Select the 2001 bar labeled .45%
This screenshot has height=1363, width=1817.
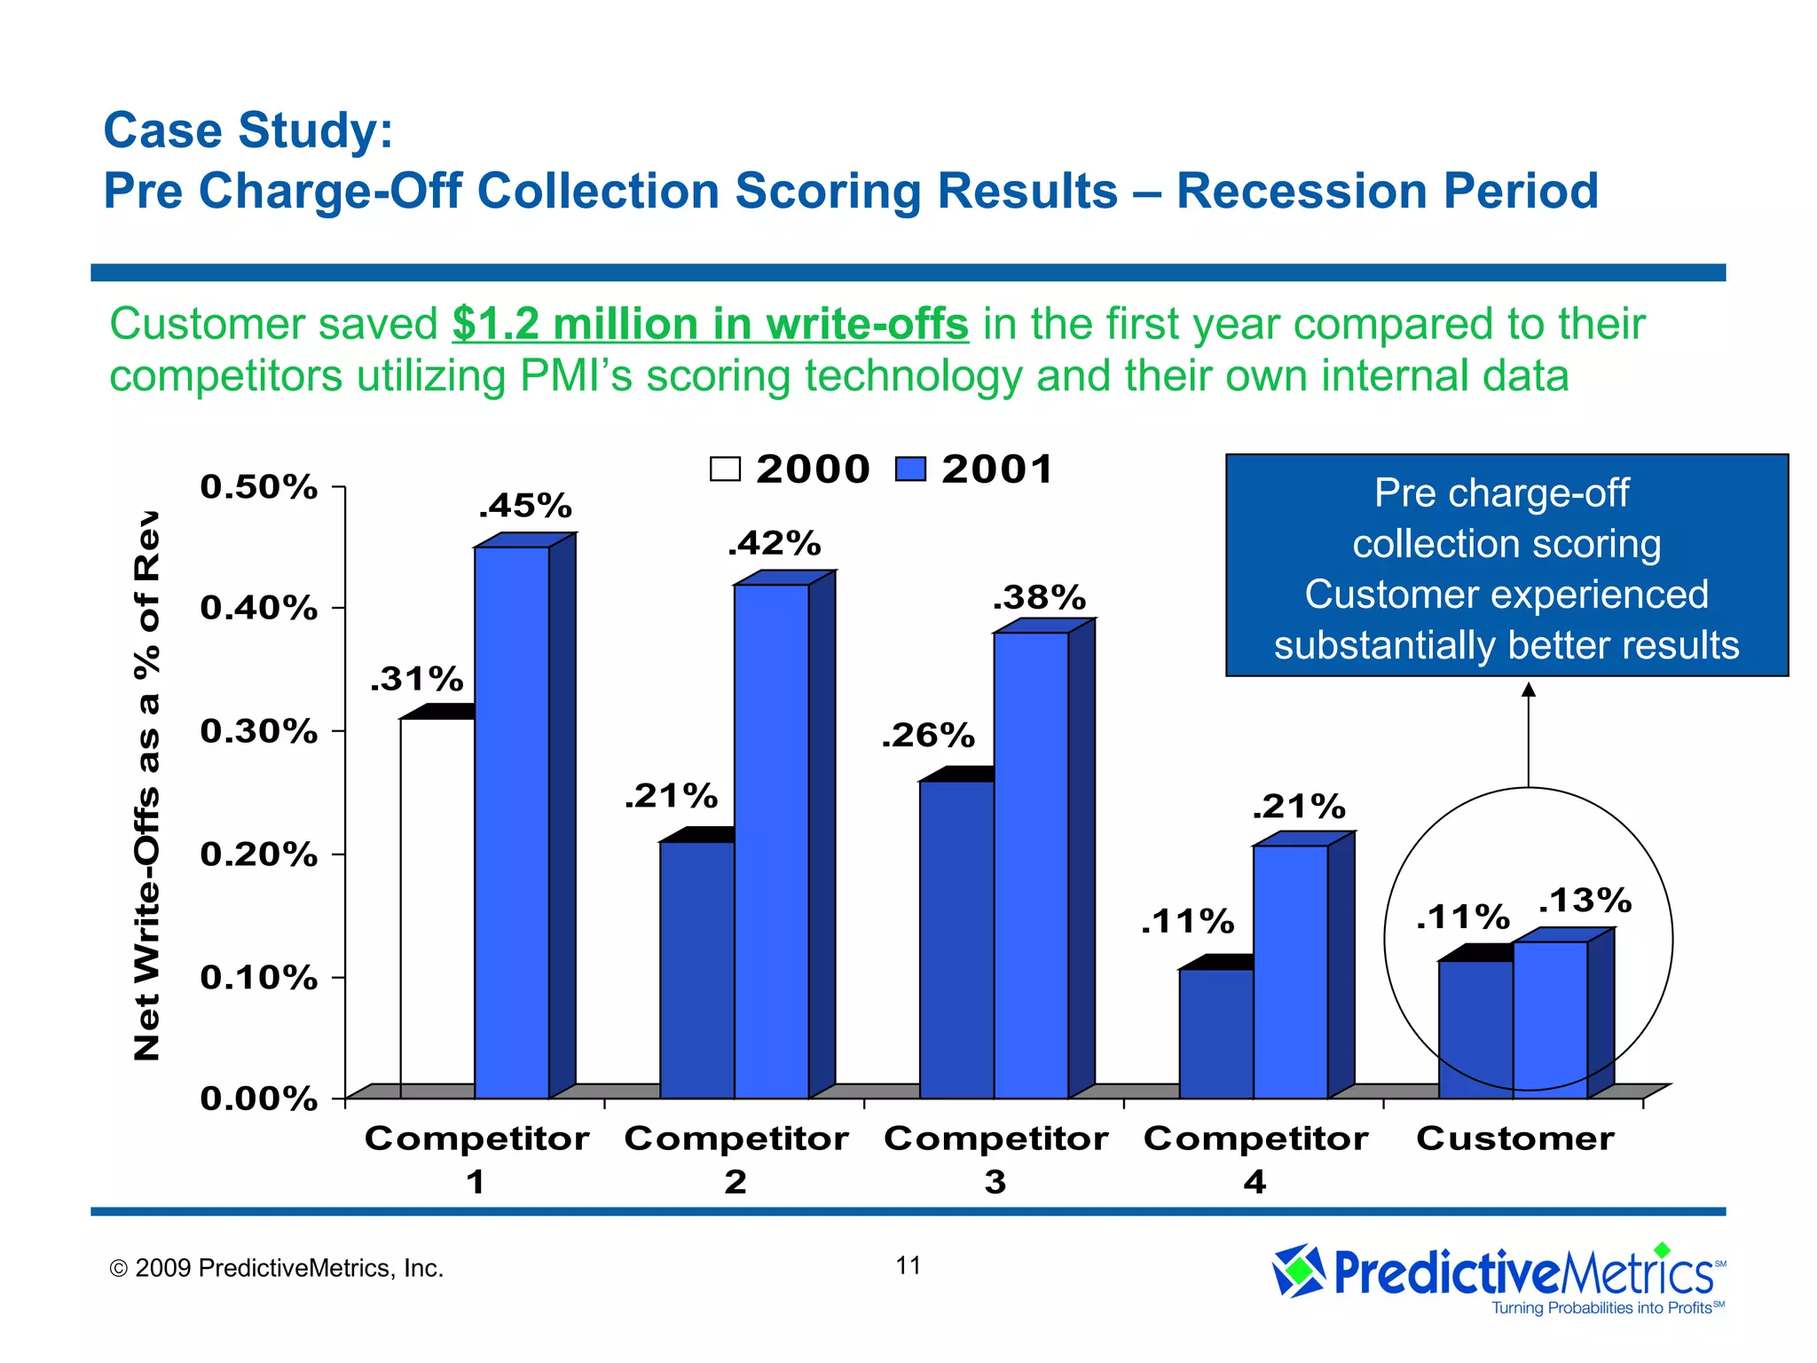coord(512,821)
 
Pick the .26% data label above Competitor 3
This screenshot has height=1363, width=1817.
coord(927,736)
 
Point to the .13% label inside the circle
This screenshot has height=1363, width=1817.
coord(1585,901)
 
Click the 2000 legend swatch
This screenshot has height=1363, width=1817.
coord(725,469)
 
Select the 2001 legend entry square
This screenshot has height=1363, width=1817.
coord(910,469)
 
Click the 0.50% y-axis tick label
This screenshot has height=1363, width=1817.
coord(258,487)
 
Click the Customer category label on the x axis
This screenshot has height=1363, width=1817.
coord(1514,1138)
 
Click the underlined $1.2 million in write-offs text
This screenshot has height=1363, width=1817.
coord(710,324)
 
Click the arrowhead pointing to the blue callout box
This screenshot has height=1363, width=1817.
coord(1528,689)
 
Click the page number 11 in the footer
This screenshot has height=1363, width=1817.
coord(908,1265)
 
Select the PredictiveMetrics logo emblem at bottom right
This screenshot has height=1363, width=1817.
coord(1299,1271)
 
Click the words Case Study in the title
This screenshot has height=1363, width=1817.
coord(248,130)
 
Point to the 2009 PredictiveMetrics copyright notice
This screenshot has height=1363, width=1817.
coord(276,1268)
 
